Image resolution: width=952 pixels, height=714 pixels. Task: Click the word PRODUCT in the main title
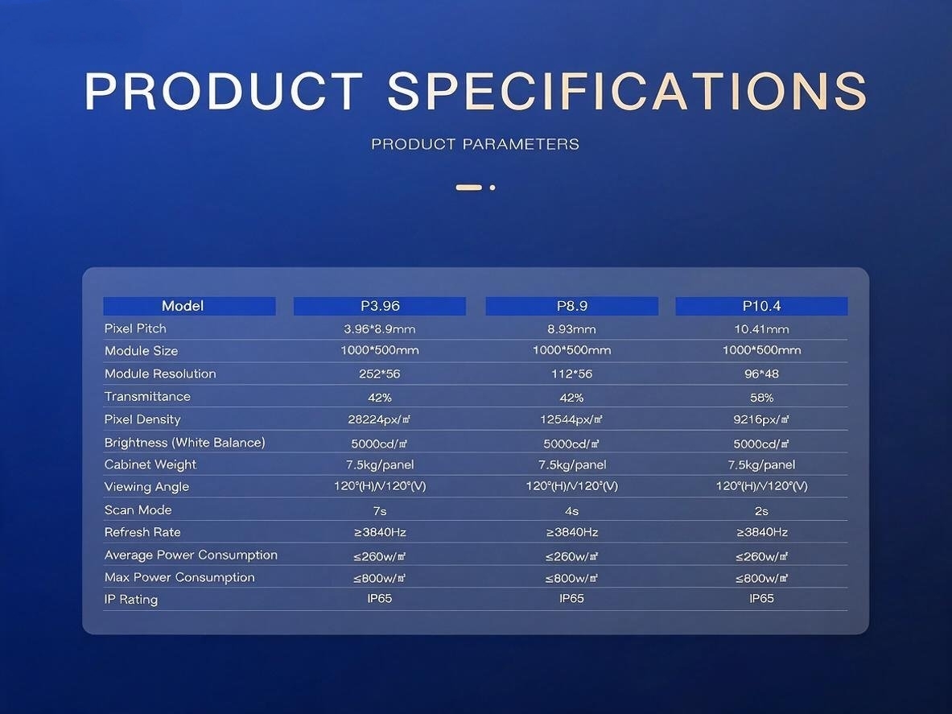224,91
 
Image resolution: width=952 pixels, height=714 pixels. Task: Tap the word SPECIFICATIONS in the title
627,91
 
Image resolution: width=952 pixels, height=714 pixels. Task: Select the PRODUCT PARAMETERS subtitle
476,144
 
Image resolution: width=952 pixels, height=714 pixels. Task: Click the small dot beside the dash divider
492,188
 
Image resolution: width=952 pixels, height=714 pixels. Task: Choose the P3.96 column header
380,306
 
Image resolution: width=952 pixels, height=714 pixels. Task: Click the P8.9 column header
572,306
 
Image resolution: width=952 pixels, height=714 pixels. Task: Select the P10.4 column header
761,306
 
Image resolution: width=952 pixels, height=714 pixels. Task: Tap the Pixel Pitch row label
135,328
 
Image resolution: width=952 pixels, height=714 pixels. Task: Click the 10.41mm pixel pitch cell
761,329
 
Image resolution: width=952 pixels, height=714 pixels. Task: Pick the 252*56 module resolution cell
380,374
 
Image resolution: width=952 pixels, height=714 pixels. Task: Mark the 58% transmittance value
761,398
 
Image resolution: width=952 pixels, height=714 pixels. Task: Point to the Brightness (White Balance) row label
184,443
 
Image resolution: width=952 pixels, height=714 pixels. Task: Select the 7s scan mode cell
380,511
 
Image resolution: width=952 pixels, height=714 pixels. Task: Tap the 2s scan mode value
761,511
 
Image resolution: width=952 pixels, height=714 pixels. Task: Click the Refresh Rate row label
142,532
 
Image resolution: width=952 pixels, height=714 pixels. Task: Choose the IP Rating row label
130,599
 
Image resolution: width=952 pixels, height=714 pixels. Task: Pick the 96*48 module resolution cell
761,374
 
